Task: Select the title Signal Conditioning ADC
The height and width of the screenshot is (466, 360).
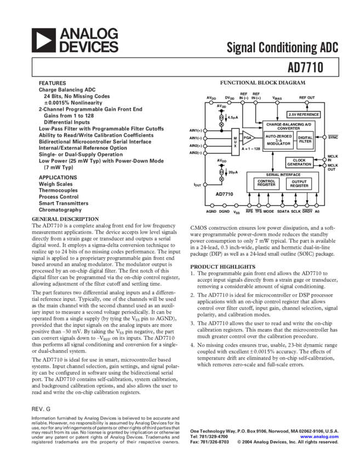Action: tap(283, 48)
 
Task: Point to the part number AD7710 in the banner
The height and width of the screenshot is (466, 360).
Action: tap(312, 67)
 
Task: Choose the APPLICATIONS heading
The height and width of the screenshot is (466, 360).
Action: tap(58, 178)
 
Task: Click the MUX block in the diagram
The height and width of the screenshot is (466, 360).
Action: tap(234, 138)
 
